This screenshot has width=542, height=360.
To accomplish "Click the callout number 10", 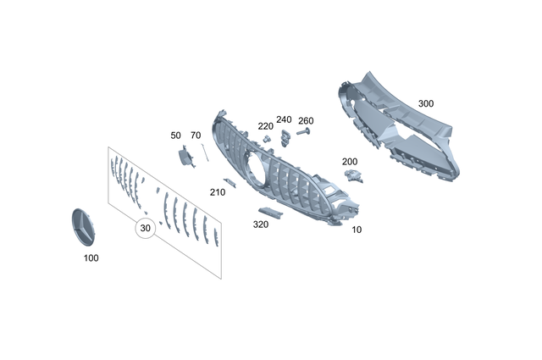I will click(x=357, y=230).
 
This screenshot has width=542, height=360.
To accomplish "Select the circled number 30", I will click(x=145, y=228).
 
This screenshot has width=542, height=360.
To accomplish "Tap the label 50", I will click(x=176, y=135).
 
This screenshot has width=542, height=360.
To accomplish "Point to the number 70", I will click(x=196, y=135).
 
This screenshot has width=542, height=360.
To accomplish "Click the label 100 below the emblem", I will click(x=90, y=258).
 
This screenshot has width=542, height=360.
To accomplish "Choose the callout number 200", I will click(x=350, y=161).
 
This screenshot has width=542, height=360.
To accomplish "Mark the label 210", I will click(x=218, y=192).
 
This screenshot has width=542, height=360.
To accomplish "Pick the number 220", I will click(x=266, y=125).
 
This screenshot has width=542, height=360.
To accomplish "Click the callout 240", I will click(x=284, y=119).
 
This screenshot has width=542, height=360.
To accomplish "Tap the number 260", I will click(x=306, y=120).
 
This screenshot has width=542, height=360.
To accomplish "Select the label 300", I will click(x=426, y=103).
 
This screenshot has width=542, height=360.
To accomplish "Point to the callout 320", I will click(x=261, y=224).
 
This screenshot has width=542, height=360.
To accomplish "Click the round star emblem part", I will click(x=82, y=226).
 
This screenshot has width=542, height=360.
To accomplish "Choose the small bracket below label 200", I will click(x=353, y=174).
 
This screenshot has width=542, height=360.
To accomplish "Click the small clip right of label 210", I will click(x=230, y=180).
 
